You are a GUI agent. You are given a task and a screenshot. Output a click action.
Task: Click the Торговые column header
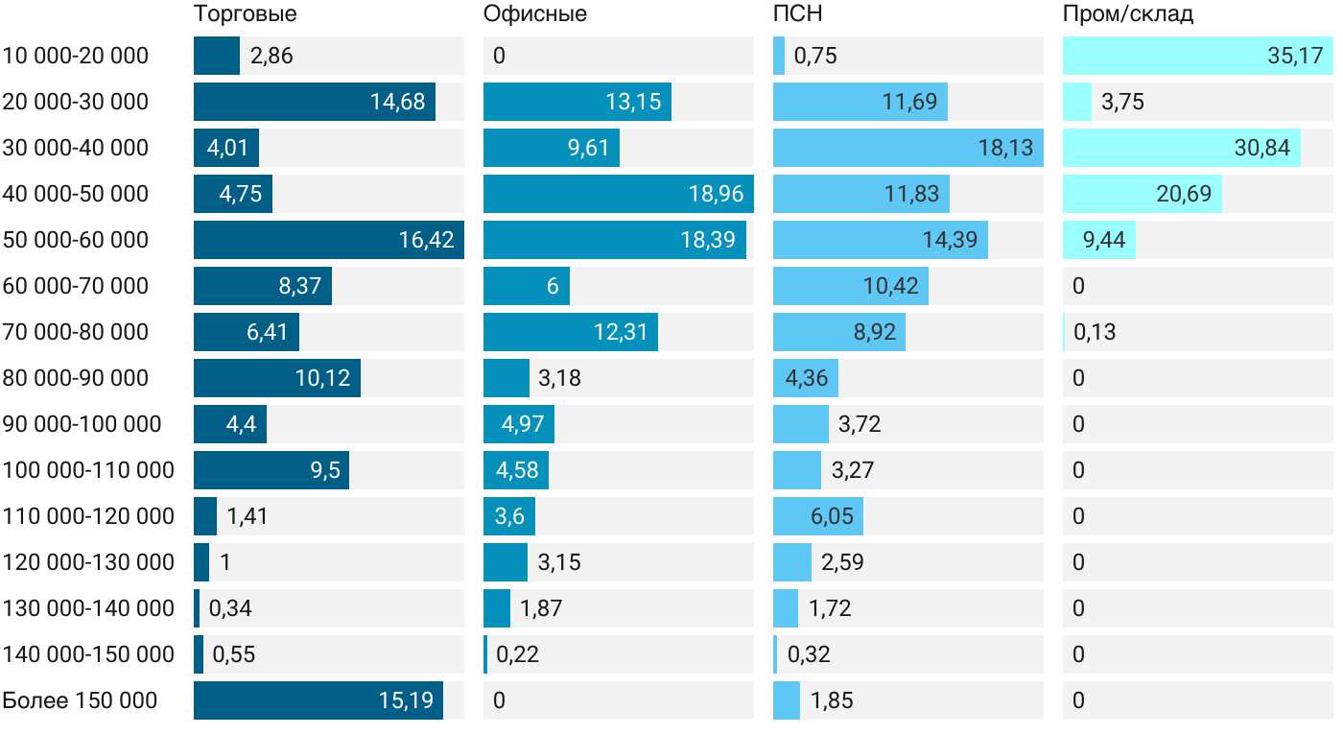pyautogui.click(x=245, y=14)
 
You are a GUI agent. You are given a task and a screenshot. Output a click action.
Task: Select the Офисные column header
pyautogui.click(x=534, y=14)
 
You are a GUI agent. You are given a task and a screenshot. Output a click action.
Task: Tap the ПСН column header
pyautogui.click(x=797, y=14)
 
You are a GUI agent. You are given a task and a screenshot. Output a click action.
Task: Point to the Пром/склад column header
pyautogui.click(x=1127, y=14)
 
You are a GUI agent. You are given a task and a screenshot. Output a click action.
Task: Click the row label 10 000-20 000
pyautogui.click(x=76, y=56)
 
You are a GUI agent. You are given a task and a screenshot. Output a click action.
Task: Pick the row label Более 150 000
pyautogui.click(x=80, y=700)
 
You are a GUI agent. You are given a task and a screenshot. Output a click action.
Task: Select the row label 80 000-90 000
pyautogui.click(x=76, y=378)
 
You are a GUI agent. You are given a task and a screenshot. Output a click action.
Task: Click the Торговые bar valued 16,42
pyautogui.click(x=328, y=240)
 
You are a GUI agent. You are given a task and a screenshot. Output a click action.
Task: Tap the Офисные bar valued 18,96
pyautogui.click(x=618, y=194)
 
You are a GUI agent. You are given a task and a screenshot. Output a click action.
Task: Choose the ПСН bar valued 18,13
pyautogui.click(x=907, y=148)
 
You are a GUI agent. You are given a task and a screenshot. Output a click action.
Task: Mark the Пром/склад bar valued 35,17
pyautogui.click(x=1197, y=56)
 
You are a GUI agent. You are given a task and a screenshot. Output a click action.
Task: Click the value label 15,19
pyautogui.click(x=406, y=700)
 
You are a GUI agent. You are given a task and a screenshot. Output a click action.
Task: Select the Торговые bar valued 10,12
pyautogui.click(x=276, y=378)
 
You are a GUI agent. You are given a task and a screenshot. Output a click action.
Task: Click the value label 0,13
pyautogui.click(x=1095, y=332)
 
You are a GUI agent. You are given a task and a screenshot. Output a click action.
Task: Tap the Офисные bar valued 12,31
pyautogui.click(x=570, y=332)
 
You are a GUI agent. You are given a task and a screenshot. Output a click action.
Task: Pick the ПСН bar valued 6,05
pyautogui.click(x=817, y=516)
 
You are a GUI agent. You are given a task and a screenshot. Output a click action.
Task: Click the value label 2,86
pyautogui.click(x=271, y=56)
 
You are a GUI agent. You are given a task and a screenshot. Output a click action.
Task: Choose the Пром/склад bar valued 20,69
pyautogui.click(x=1142, y=194)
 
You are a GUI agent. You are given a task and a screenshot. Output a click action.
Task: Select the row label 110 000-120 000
pyautogui.click(x=88, y=516)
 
